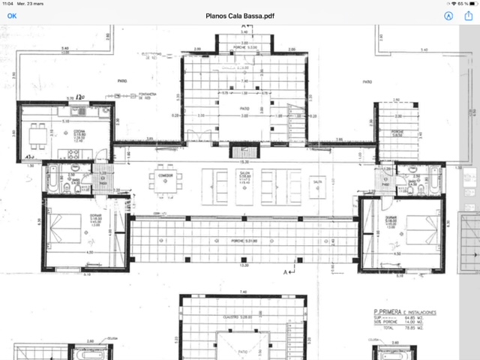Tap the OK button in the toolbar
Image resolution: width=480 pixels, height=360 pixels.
point(12,15)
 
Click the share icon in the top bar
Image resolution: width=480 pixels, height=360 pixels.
point(469,15)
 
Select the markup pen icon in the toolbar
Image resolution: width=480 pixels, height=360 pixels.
point(448,15)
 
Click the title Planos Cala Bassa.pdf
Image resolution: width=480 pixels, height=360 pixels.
point(239,15)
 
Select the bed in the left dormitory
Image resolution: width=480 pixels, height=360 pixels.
point(65,226)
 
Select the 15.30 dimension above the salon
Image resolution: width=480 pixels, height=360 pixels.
point(243,161)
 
